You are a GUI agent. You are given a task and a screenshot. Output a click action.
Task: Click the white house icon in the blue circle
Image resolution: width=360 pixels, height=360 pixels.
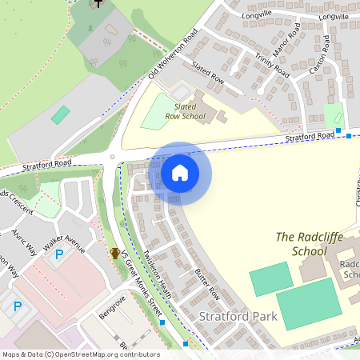pyautogui.click(x=180, y=172)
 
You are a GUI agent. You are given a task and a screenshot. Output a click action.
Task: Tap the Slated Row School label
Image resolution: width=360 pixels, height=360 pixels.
pyautogui.click(x=185, y=111)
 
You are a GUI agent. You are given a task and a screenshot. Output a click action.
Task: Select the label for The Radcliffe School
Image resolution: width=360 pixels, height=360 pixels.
pyautogui.click(x=301, y=243)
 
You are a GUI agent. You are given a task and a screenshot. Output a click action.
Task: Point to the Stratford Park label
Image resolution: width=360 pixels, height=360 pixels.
pyautogui.click(x=238, y=316)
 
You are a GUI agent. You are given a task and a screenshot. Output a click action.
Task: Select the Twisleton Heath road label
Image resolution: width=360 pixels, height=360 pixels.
pyautogui.click(x=158, y=269)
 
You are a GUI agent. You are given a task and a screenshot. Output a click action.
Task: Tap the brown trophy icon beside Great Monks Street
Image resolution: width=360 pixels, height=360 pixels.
pyautogui.click(x=115, y=253)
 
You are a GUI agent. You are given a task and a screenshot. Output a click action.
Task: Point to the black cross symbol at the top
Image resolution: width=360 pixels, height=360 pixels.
pyautogui.click(x=98, y=3)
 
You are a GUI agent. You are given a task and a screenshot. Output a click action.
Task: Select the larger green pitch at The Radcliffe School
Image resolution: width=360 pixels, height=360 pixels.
pyautogui.click(x=303, y=303)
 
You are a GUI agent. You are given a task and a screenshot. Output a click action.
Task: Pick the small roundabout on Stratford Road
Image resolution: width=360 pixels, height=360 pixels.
pyautogui.click(x=113, y=157)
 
